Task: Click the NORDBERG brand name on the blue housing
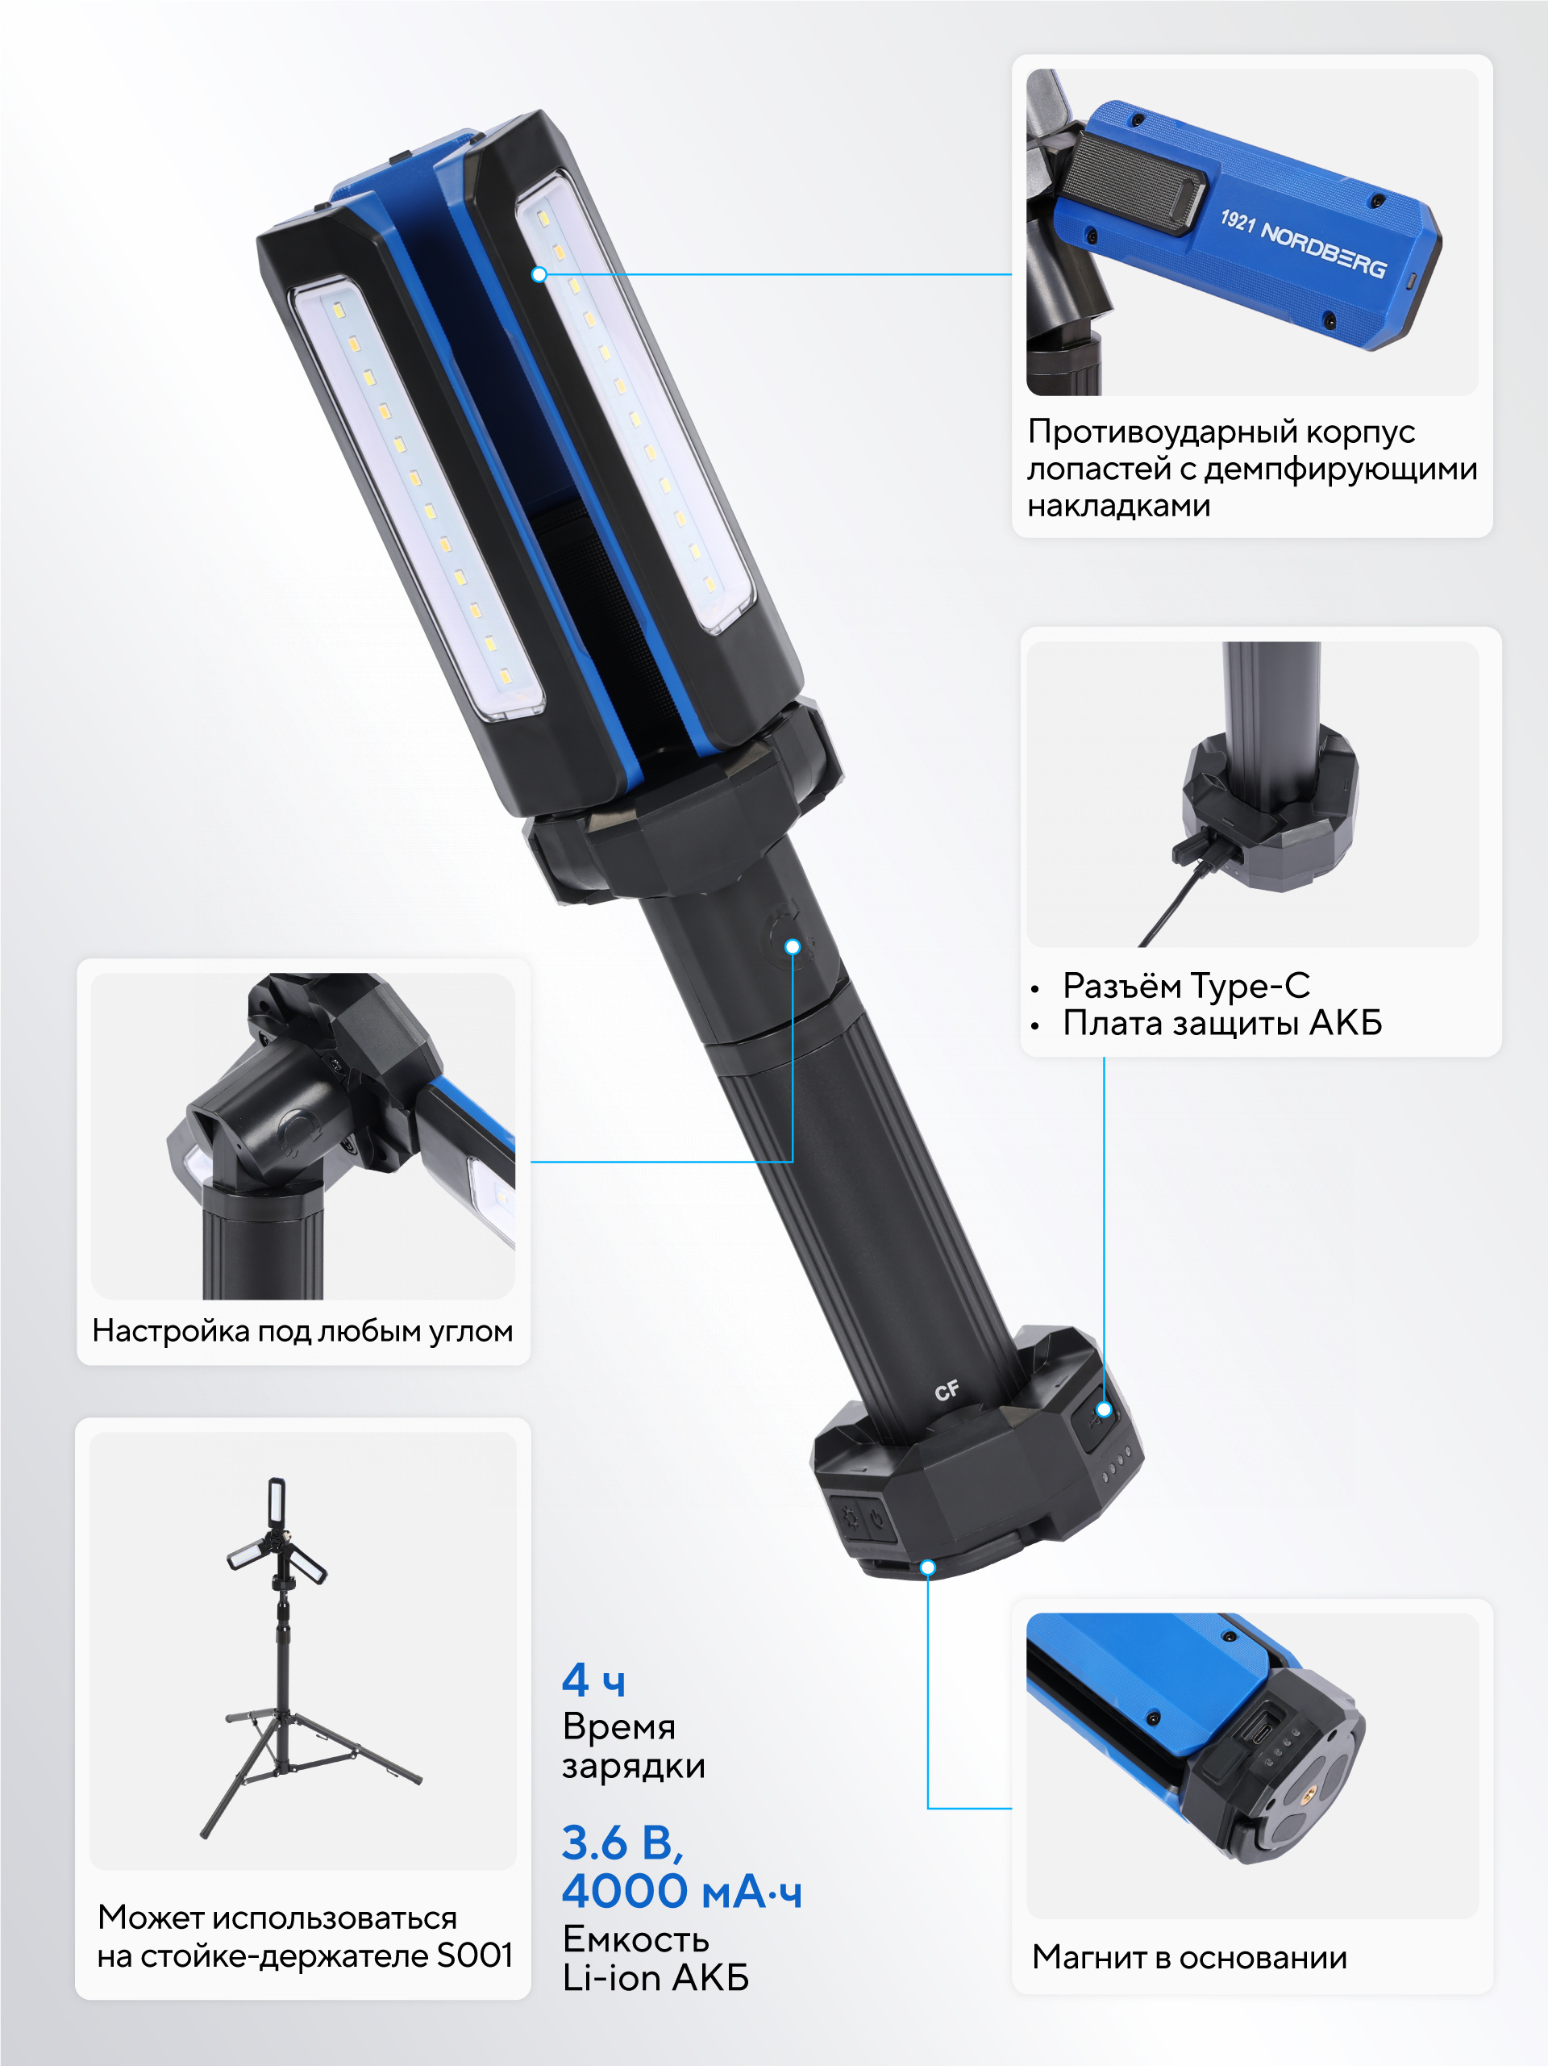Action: (x=1323, y=251)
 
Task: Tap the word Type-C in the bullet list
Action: (x=1250, y=985)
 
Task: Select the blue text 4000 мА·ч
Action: (x=680, y=1891)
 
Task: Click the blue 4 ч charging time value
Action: (x=593, y=1680)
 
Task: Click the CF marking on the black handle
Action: (x=947, y=1391)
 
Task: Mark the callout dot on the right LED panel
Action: (x=539, y=274)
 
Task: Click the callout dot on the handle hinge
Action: (x=793, y=947)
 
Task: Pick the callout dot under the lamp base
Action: (x=927, y=1567)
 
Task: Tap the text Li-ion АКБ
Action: (x=655, y=1978)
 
